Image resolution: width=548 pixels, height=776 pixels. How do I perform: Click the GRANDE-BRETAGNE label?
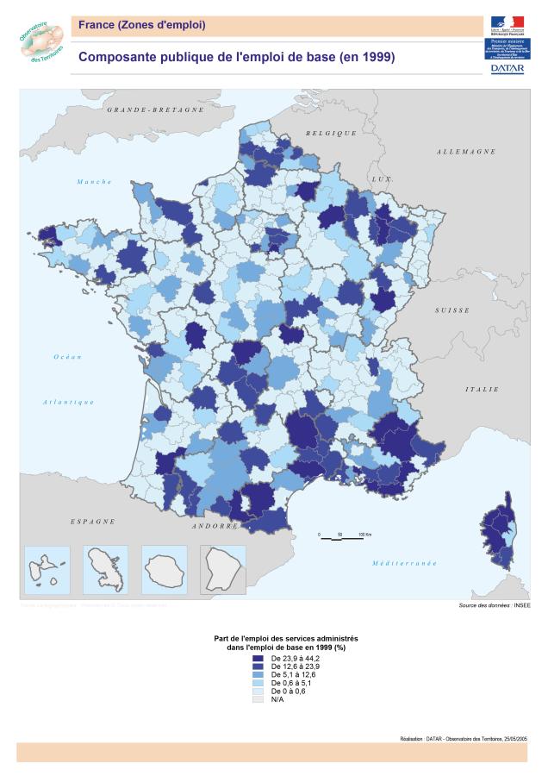155,110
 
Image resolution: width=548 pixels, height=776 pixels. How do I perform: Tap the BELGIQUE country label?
332,133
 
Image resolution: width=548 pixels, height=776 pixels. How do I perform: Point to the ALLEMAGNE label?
466,152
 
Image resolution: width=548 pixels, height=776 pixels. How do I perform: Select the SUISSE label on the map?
452,310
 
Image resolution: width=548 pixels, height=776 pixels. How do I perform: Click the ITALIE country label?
482,389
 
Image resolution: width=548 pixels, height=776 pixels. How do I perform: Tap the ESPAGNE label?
92,522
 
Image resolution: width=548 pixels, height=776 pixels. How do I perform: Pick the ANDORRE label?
215,525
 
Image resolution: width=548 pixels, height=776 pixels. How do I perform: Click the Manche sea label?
94,181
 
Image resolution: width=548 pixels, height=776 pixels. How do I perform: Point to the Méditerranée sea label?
404,563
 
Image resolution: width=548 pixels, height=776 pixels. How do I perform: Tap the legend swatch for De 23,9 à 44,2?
256,658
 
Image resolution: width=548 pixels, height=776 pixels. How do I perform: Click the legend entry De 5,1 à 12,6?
290,675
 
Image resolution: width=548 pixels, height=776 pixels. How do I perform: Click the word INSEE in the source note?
523,606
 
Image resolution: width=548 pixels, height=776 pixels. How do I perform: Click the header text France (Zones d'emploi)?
142,25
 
